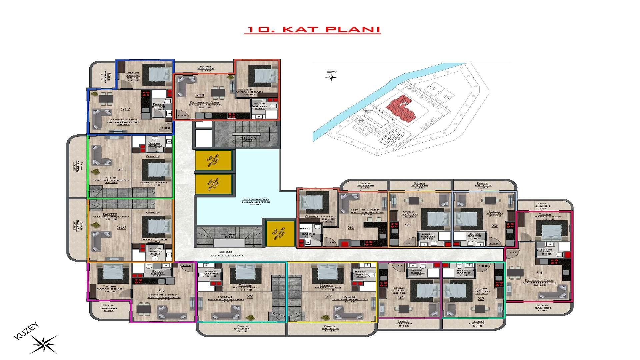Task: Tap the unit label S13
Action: coord(200,96)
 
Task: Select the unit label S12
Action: coord(125,109)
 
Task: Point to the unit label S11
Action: coord(122,169)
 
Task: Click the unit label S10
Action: coord(122,227)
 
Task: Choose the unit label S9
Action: coord(161,291)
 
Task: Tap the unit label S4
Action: coord(539,273)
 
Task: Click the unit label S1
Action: coord(351,227)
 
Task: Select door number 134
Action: coord(182,116)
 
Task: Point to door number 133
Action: coord(166,128)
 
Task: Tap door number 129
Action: coord(511,253)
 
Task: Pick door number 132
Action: coord(187,265)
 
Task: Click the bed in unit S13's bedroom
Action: coord(264,76)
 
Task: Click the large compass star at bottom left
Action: coord(44,344)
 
